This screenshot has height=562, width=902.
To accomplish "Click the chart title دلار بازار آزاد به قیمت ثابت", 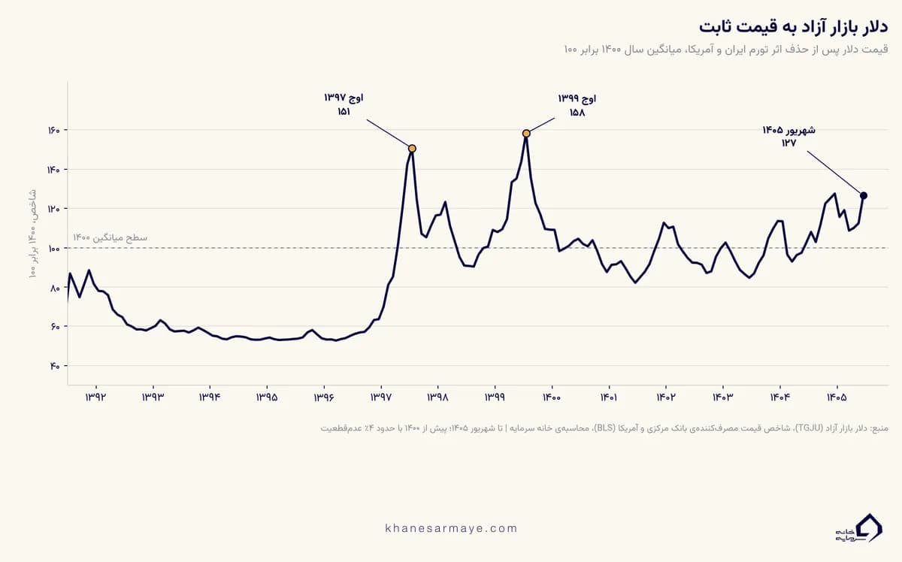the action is click(793, 27).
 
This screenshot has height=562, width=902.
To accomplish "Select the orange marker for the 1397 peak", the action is click(412, 149).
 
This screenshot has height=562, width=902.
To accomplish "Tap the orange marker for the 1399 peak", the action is click(526, 134).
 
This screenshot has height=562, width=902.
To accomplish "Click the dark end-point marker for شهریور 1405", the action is click(864, 195).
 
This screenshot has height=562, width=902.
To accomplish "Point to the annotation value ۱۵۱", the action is click(344, 111).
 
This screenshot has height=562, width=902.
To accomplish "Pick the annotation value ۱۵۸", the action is click(577, 112).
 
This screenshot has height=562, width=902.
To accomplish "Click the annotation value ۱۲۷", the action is click(788, 143).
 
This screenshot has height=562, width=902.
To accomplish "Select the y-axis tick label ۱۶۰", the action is click(53, 131).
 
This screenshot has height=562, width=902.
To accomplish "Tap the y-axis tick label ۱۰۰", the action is click(53, 249).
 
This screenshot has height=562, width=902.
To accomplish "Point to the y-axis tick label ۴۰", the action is click(55, 367).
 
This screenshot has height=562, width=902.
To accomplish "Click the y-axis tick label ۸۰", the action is click(55, 289).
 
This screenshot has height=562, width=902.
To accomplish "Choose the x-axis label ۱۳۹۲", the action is click(95, 397).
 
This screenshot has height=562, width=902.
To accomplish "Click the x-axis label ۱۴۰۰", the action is click(552, 397).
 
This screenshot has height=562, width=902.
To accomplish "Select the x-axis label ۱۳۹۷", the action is click(381, 397).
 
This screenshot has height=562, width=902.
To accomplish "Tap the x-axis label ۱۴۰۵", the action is click(837, 397).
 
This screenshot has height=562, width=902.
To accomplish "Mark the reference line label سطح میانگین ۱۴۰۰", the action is click(110, 238).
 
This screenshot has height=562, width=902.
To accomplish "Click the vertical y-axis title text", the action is click(32, 234).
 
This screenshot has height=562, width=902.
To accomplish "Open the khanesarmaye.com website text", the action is click(451, 528).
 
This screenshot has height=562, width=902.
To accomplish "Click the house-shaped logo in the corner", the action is click(858, 527).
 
